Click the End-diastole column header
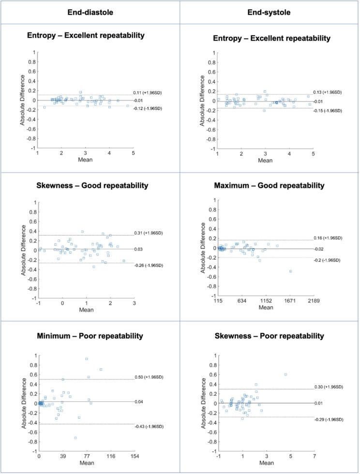pos(90,13)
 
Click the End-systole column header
pos(270,13)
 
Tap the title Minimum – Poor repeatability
pos(90,336)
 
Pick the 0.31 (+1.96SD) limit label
pos(149,233)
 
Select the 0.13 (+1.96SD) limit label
pos(330,92)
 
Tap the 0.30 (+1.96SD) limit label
pos(330,386)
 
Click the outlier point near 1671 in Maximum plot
pos(291,271)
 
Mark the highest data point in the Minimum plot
pos(87,359)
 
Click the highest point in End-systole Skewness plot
pos(285,374)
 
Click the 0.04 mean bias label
pos(139,401)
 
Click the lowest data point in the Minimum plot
pos(75,438)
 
